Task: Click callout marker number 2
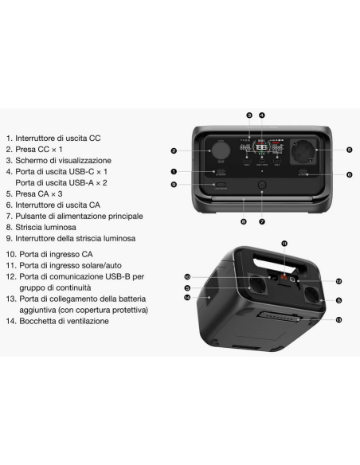click(174, 150)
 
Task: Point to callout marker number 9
click(174, 185)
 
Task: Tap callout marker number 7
click(260, 221)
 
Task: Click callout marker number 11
click(284, 241)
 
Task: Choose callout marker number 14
click(186, 297)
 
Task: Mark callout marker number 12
click(338, 281)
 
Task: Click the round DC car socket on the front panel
click(219, 150)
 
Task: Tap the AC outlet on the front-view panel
click(303, 149)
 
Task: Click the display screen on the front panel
click(260, 150)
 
